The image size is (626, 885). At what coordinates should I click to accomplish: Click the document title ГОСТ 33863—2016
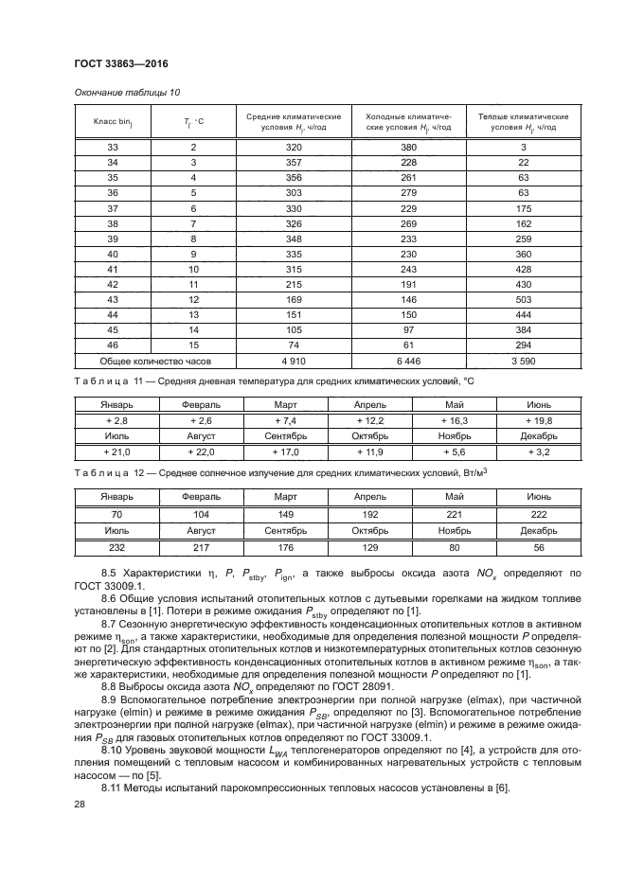point(121,64)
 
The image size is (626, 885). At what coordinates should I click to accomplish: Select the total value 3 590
point(523,361)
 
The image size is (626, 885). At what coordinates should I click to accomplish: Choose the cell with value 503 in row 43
point(523,299)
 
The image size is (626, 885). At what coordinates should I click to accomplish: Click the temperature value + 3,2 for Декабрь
point(537,452)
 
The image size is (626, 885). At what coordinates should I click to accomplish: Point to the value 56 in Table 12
point(537,547)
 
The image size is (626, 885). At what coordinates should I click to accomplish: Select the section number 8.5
point(109,574)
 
